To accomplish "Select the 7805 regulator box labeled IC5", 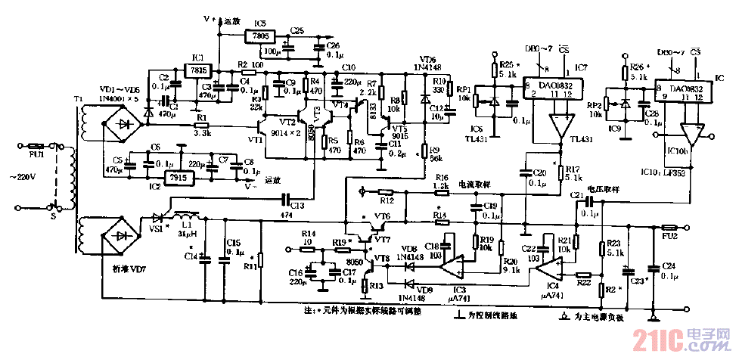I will point(260,36).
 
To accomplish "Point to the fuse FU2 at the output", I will point(669,227).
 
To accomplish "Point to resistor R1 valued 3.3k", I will point(200,121).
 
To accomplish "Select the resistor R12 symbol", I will point(387,192).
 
